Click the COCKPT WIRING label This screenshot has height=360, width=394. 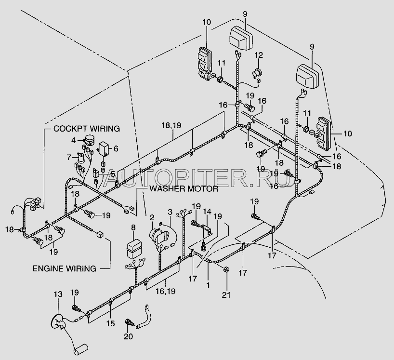tap(86, 129)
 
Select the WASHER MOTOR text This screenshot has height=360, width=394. tap(184, 188)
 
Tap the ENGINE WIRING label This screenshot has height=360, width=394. tap(64, 267)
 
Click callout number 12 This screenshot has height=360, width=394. tap(259, 54)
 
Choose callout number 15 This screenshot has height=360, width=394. tap(111, 324)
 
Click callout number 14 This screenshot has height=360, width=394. tap(207, 212)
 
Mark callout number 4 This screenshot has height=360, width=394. tap(74, 140)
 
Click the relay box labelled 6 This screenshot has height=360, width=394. tap(105, 148)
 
